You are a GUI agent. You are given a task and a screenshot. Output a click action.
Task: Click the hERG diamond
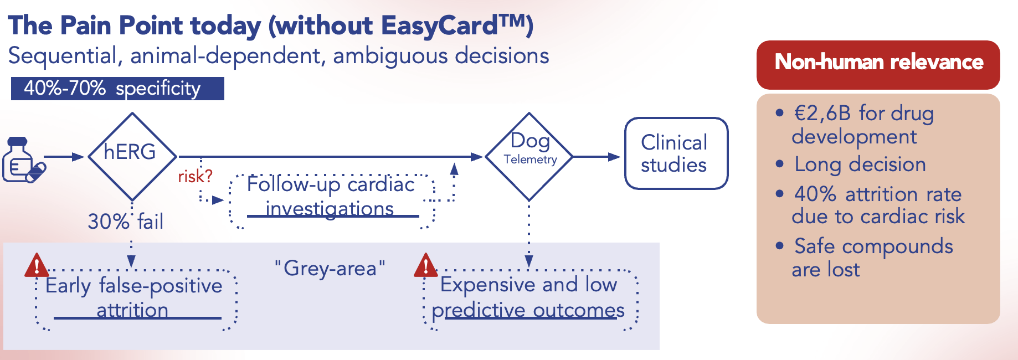[x=132, y=156]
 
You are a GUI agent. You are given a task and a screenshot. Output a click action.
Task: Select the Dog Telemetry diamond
[x=529, y=156]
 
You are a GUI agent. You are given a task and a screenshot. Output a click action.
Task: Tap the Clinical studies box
[x=676, y=153]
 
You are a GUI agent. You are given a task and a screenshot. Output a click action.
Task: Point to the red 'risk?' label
[x=195, y=176]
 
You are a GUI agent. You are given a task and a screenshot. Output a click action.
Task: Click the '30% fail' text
[x=125, y=222]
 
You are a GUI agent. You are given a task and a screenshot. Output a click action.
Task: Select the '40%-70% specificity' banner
[x=117, y=89]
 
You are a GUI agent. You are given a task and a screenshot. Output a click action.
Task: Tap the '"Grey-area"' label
[x=330, y=269]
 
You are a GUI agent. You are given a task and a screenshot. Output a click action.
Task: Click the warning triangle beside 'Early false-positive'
[x=37, y=265]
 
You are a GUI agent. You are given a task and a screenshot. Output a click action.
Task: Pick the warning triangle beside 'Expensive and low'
[x=425, y=265]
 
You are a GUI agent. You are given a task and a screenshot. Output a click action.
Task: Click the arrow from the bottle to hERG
[x=64, y=157]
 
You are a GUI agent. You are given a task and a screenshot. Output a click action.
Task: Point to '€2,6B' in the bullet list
[x=822, y=114]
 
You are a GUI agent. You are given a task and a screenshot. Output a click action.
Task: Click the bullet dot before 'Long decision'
[x=780, y=164]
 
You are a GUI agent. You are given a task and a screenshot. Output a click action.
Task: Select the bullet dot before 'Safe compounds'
[x=780, y=246]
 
